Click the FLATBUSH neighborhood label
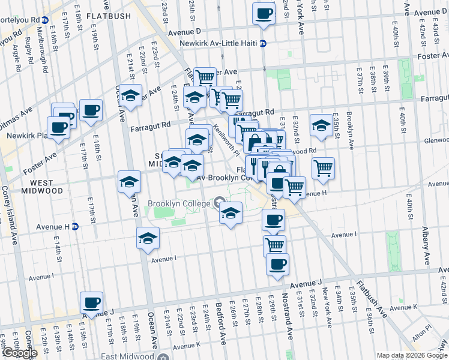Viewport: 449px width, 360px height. [108, 16]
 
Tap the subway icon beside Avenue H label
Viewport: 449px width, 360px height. [75, 227]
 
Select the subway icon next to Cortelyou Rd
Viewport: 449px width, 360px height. [45, 20]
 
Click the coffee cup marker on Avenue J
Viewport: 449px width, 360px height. [92, 302]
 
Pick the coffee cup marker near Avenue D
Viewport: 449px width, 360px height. [264, 13]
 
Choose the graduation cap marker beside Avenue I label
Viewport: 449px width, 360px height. [148, 238]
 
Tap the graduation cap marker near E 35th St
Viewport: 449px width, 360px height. [322, 125]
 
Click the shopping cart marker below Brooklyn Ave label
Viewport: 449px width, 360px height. [323, 168]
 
